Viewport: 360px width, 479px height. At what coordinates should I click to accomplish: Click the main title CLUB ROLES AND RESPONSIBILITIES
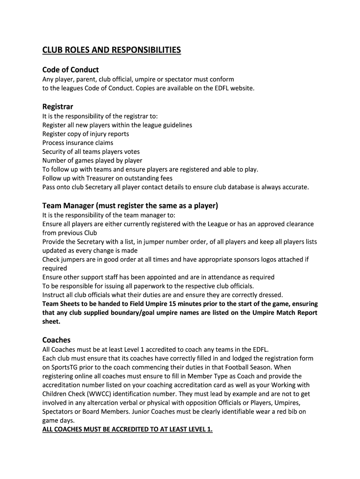[111, 50]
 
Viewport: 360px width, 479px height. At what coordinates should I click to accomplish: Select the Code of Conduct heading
[71, 70]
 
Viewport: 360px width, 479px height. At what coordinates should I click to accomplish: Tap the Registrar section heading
[58, 107]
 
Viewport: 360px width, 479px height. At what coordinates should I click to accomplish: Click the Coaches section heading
[56, 340]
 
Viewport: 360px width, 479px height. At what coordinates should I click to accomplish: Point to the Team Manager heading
[130, 205]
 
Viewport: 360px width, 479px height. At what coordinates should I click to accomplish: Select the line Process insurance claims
[78, 143]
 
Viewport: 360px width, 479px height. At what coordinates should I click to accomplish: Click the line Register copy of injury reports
[86, 134]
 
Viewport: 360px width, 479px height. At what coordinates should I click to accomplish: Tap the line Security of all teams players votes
[91, 152]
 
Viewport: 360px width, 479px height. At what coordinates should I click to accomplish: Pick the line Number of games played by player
[86, 160]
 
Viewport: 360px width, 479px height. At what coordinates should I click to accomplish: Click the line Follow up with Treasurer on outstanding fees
[107, 178]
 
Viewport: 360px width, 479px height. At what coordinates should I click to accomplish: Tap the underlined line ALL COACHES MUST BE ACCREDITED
[127, 430]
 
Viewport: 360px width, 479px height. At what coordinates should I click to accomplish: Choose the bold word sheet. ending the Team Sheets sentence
[51, 322]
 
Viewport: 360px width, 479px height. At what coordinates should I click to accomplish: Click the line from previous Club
[70, 233]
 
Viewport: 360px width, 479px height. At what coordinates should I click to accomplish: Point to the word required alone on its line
[55, 269]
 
